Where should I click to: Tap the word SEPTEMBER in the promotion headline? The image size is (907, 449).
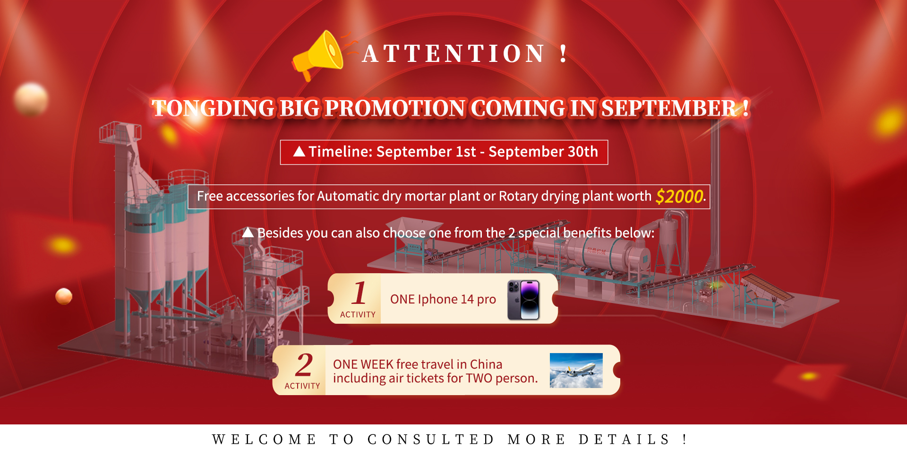668,108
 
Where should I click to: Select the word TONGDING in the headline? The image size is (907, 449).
213,108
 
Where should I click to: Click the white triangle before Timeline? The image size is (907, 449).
299,151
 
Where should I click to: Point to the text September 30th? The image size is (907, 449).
543,152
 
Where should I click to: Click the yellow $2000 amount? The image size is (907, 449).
679,196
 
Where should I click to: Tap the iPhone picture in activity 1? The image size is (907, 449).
523,300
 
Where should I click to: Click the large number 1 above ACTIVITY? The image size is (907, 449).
359,293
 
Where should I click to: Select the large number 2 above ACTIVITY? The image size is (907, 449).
304,364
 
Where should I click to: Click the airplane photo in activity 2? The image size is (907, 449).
576,371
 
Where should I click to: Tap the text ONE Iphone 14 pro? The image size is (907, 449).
443,299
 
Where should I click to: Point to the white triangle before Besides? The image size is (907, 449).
248,232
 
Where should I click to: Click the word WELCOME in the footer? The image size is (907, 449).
264,439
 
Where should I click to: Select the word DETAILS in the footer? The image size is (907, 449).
624,439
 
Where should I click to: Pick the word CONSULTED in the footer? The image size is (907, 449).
431,439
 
